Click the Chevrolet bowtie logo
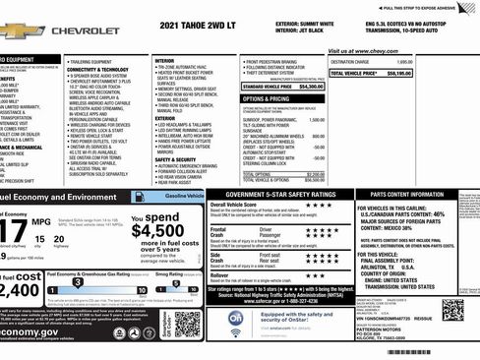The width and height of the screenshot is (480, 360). click(22, 31)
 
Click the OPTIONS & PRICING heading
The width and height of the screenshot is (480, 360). click(266, 98)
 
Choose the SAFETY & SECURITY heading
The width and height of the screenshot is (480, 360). click(176, 159)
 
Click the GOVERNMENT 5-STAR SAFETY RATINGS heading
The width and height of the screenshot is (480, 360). click(279, 194)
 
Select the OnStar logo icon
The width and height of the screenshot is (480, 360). click(236, 318)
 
